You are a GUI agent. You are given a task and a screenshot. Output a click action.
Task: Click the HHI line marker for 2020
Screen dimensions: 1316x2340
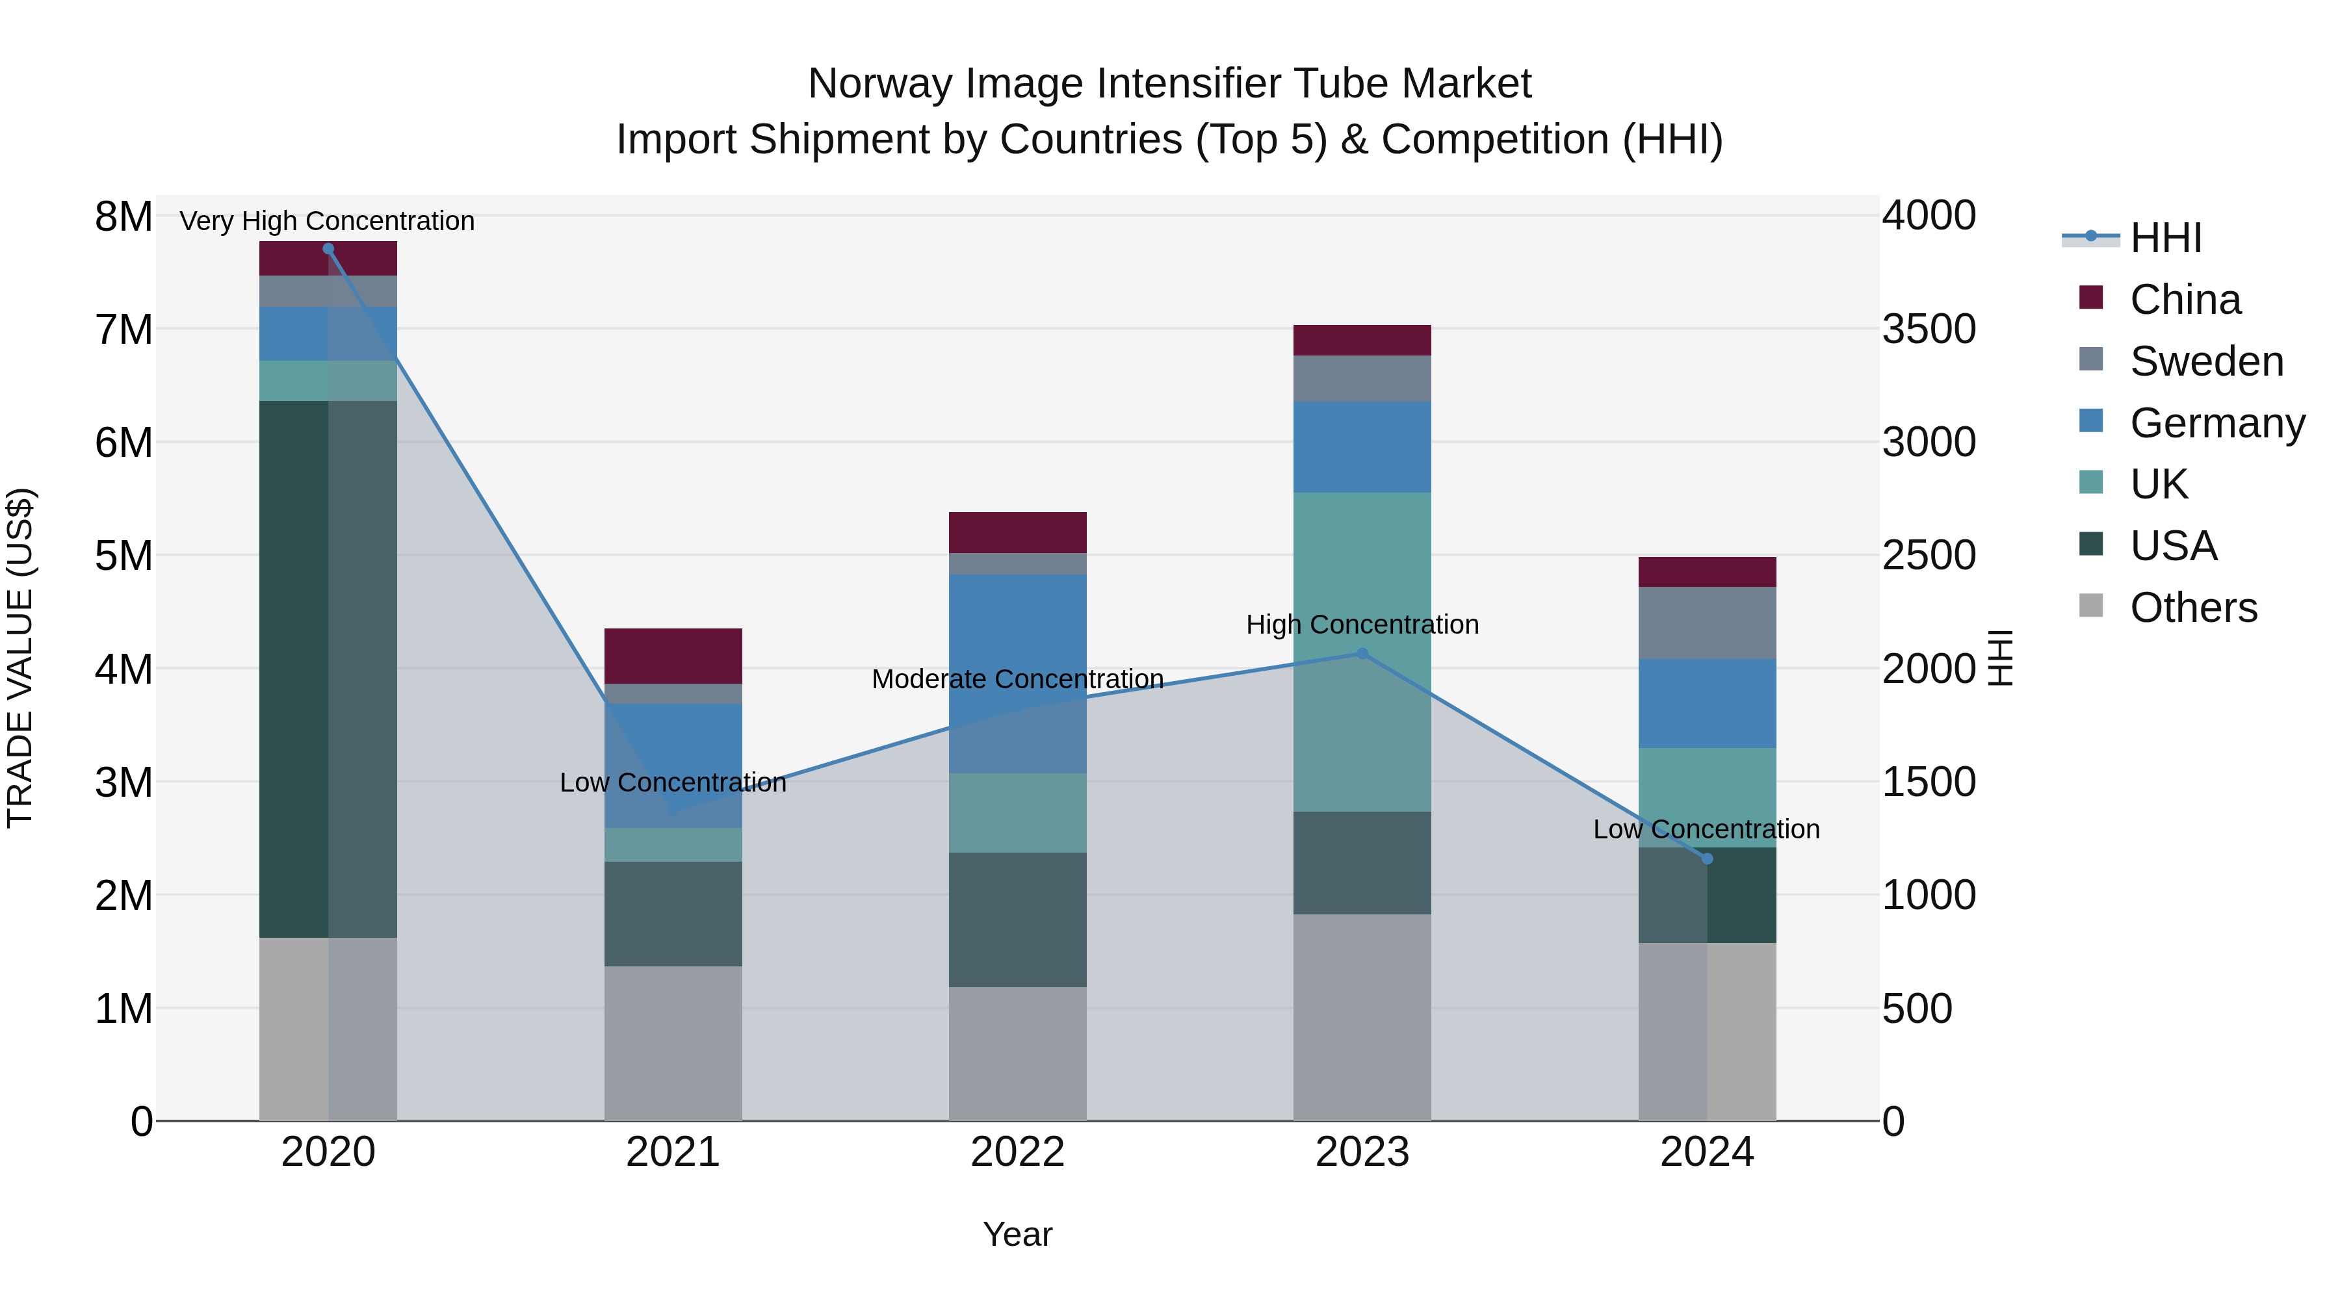[x=328, y=249]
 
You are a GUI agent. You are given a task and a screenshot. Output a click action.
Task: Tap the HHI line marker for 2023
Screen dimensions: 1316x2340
[x=1362, y=653]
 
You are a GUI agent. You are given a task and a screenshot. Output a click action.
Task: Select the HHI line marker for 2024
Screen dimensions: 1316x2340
[x=1707, y=858]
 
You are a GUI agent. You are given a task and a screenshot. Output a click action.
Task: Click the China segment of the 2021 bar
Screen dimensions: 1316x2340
[x=673, y=656]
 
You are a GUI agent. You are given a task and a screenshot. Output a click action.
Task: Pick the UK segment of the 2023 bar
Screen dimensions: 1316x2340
[x=1362, y=652]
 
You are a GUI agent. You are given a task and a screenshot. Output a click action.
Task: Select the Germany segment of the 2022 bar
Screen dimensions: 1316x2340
[x=1017, y=673]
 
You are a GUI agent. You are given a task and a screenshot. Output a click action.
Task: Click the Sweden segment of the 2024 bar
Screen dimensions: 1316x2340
[x=1707, y=623]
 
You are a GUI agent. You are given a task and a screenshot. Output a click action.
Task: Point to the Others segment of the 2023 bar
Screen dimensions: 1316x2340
[x=1362, y=1017]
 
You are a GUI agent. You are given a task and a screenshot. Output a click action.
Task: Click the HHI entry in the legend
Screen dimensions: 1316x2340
[x=2166, y=238]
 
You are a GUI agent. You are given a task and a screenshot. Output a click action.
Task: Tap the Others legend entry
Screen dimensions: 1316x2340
[x=2193, y=608]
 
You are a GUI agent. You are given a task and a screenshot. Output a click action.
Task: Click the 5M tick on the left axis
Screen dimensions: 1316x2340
[x=123, y=556]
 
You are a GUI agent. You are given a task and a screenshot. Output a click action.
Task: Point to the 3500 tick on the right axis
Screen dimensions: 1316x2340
[x=1929, y=329]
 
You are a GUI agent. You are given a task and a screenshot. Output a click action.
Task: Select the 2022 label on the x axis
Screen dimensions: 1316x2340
[x=1017, y=1152]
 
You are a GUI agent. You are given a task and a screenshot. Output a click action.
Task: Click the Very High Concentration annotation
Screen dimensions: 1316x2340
[x=327, y=221]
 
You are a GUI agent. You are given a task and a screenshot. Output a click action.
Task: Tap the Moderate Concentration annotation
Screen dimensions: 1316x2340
[x=1017, y=678]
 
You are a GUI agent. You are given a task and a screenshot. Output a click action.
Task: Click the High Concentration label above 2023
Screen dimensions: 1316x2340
[x=1362, y=625]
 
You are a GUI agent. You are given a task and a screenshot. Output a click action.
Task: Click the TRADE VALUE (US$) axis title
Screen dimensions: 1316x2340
[x=20, y=658]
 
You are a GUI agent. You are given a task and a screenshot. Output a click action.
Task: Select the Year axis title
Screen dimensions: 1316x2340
[x=1017, y=1234]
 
